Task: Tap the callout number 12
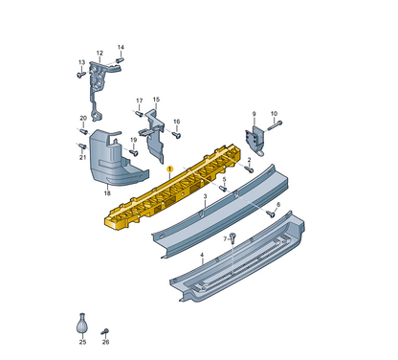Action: [x=99, y=54]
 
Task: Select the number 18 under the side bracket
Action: [x=107, y=192]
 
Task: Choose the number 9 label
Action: [x=254, y=113]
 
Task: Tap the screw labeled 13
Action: [x=82, y=72]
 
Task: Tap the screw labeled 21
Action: [x=82, y=146]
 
